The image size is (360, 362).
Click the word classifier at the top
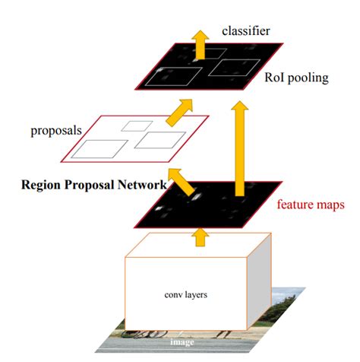pos(246,30)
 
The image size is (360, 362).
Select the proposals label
pos(56,130)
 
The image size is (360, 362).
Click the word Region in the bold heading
pos(43,185)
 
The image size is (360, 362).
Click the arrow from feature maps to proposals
pos(180,179)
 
